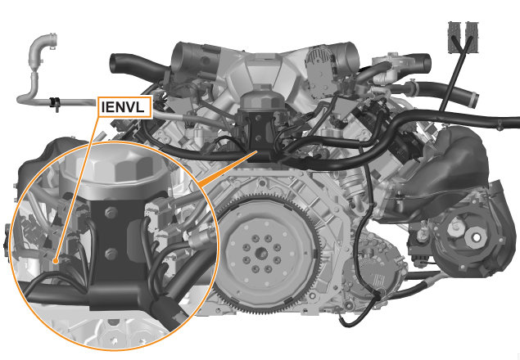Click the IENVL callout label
click(125, 107)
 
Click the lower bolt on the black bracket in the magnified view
click(111, 254)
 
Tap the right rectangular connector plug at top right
click(473, 37)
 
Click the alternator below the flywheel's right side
click(375, 278)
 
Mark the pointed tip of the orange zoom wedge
click(257, 151)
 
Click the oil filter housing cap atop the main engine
click(263, 98)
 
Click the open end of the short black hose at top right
click(427, 61)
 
